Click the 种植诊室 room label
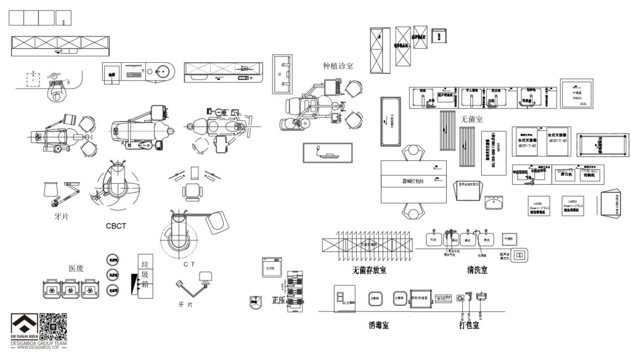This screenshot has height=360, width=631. [338, 65]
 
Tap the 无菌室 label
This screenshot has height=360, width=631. [471, 118]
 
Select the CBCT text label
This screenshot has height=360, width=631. [116, 226]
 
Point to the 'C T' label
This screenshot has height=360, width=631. [190, 264]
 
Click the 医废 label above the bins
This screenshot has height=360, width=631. [76, 268]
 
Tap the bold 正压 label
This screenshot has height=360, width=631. [279, 301]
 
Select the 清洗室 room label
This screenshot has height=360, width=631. [477, 270]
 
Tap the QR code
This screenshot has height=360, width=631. [53, 326]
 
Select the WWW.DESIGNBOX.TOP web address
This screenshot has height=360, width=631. [38, 348]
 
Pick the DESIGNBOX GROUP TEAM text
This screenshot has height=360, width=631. [38, 343]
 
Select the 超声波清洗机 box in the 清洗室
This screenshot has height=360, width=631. [519, 254]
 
